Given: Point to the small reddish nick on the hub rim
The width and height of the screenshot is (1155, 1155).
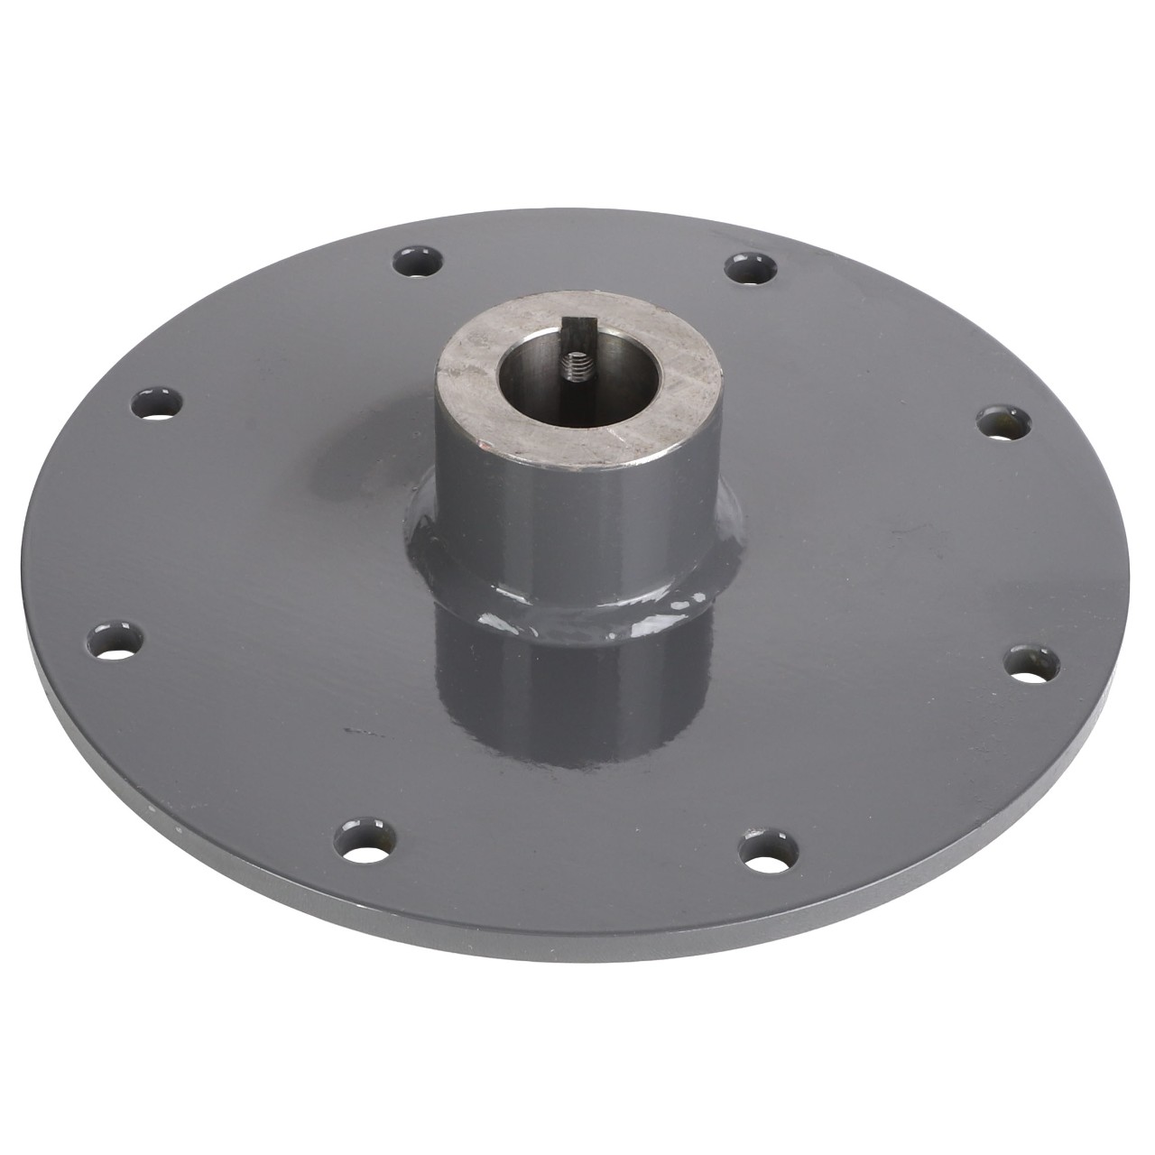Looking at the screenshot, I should click(x=485, y=443).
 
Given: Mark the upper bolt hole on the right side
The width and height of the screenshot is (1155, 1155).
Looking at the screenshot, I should click(x=1000, y=423).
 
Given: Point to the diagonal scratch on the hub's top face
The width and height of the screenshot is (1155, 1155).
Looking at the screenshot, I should click(x=632, y=433).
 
